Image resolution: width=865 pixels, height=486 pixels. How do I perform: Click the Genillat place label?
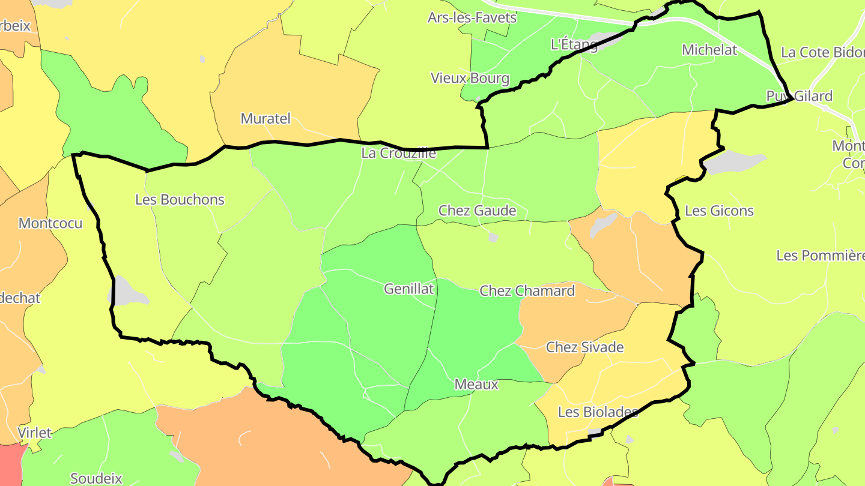pyautogui.click(x=408, y=289)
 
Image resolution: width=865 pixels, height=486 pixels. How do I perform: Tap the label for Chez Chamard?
pyautogui.click(x=527, y=291)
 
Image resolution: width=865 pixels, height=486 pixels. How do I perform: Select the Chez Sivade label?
pyautogui.click(x=584, y=347)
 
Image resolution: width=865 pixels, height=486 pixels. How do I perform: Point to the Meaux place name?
pyautogui.click(x=476, y=385)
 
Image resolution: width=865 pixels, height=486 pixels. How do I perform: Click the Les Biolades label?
pyautogui.click(x=597, y=412)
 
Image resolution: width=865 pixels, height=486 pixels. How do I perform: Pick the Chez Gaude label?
pyautogui.click(x=477, y=211)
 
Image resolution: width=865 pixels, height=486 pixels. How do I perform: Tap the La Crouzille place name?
pyautogui.click(x=398, y=153)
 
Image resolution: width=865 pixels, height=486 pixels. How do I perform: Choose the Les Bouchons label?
pyautogui.click(x=180, y=200)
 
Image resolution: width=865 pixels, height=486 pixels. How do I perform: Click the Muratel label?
pyautogui.click(x=265, y=119)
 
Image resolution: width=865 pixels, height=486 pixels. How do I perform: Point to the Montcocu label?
pyautogui.click(x=50, y=223)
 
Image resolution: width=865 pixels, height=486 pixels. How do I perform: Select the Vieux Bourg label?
pyautogui.click(x=470, y=78)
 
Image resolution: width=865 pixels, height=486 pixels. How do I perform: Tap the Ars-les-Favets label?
pyautogui.click(x=472, y=18)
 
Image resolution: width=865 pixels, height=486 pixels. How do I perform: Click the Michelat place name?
pyautogui.click(x=709, y=50)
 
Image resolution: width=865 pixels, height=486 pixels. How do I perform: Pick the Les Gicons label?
pyautogui.click(x=719, y=211)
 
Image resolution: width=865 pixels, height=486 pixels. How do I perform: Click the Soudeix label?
pyautogui.click(x=96, y=478)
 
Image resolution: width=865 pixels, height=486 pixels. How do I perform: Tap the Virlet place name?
pyautogui.click(x=34, y=433)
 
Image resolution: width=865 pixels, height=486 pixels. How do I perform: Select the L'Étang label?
pyautogui.click(x=574, y=44)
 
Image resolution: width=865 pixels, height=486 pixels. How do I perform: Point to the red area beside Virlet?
pyautogui.click(x=10, y=466)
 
